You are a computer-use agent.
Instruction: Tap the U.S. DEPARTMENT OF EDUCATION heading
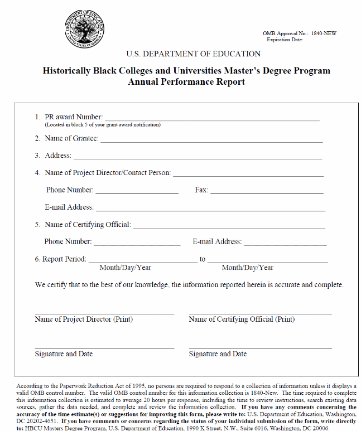[x=193, y=54]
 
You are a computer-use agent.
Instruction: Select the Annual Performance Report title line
[x=186, y=82]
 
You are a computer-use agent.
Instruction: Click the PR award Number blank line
[x=212, y=118]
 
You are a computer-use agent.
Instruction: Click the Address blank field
[x=198, y=157]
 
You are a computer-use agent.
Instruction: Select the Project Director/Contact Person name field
[x=248, y=175]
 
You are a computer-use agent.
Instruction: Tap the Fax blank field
[x=266, y=192]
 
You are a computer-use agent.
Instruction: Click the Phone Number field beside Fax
[x=137, y=192]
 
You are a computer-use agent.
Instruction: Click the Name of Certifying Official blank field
[x=228, y=226]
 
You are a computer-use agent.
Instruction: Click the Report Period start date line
[x=142, y=260]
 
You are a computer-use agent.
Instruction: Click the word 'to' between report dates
[x=203, y=259]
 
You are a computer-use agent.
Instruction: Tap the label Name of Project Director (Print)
[x=84, y=319]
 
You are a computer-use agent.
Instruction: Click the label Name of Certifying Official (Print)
[x=242, y=319]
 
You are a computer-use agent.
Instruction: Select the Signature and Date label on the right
[x=218, y=354]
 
